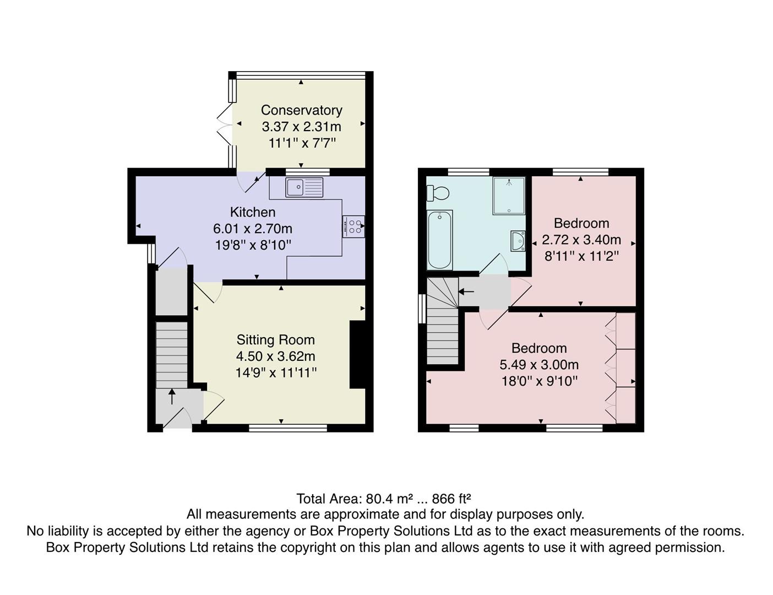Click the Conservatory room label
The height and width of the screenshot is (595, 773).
pos(301,110)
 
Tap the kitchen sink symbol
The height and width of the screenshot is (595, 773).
pos(304,187)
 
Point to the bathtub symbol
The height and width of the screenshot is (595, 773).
pos(440,240)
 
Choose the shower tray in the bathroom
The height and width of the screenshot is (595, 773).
pos(509,195)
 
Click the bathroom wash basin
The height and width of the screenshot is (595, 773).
pos(518,241)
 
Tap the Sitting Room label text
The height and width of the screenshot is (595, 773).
pos(275,340)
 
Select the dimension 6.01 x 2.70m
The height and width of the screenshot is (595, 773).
pos(252,229)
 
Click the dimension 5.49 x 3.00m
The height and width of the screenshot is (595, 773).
pos(538,365)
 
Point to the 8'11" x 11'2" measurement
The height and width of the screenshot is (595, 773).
pos(581,256)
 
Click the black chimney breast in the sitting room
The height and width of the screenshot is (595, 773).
pos(357,355)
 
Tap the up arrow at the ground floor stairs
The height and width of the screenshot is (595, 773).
pos(172,396)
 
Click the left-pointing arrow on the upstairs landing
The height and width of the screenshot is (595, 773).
pos(466,291)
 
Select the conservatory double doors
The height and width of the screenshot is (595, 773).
pos(226,126)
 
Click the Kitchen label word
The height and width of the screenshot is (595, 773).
pos(252,212)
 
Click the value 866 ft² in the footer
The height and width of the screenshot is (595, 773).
pos(451,499)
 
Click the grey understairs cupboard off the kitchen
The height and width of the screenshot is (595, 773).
pos(172,291)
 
